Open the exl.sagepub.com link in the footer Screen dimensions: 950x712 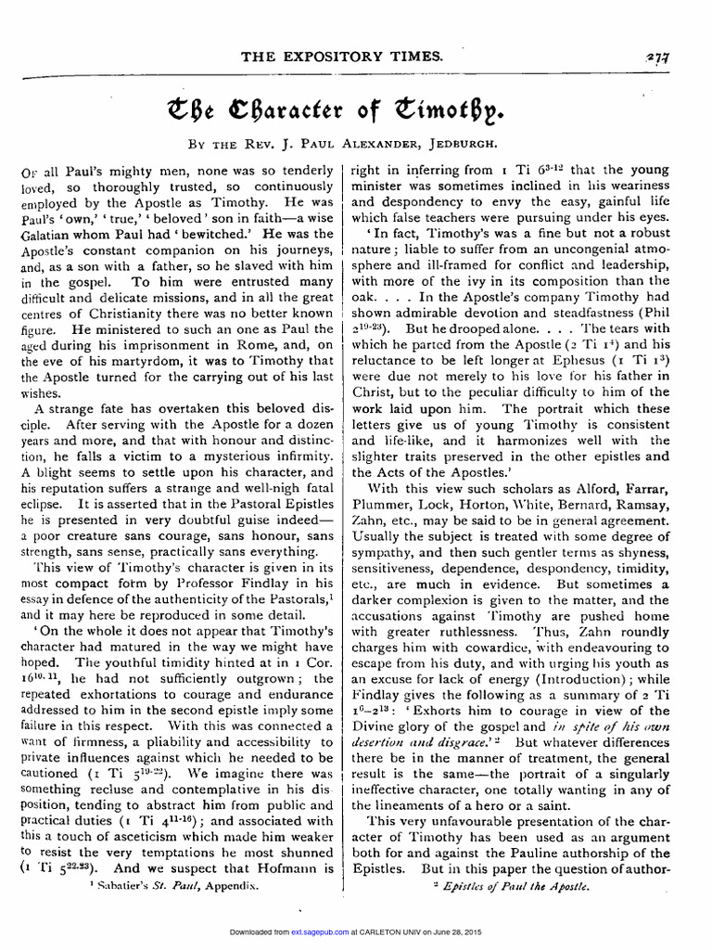click(x=317, y=931)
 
